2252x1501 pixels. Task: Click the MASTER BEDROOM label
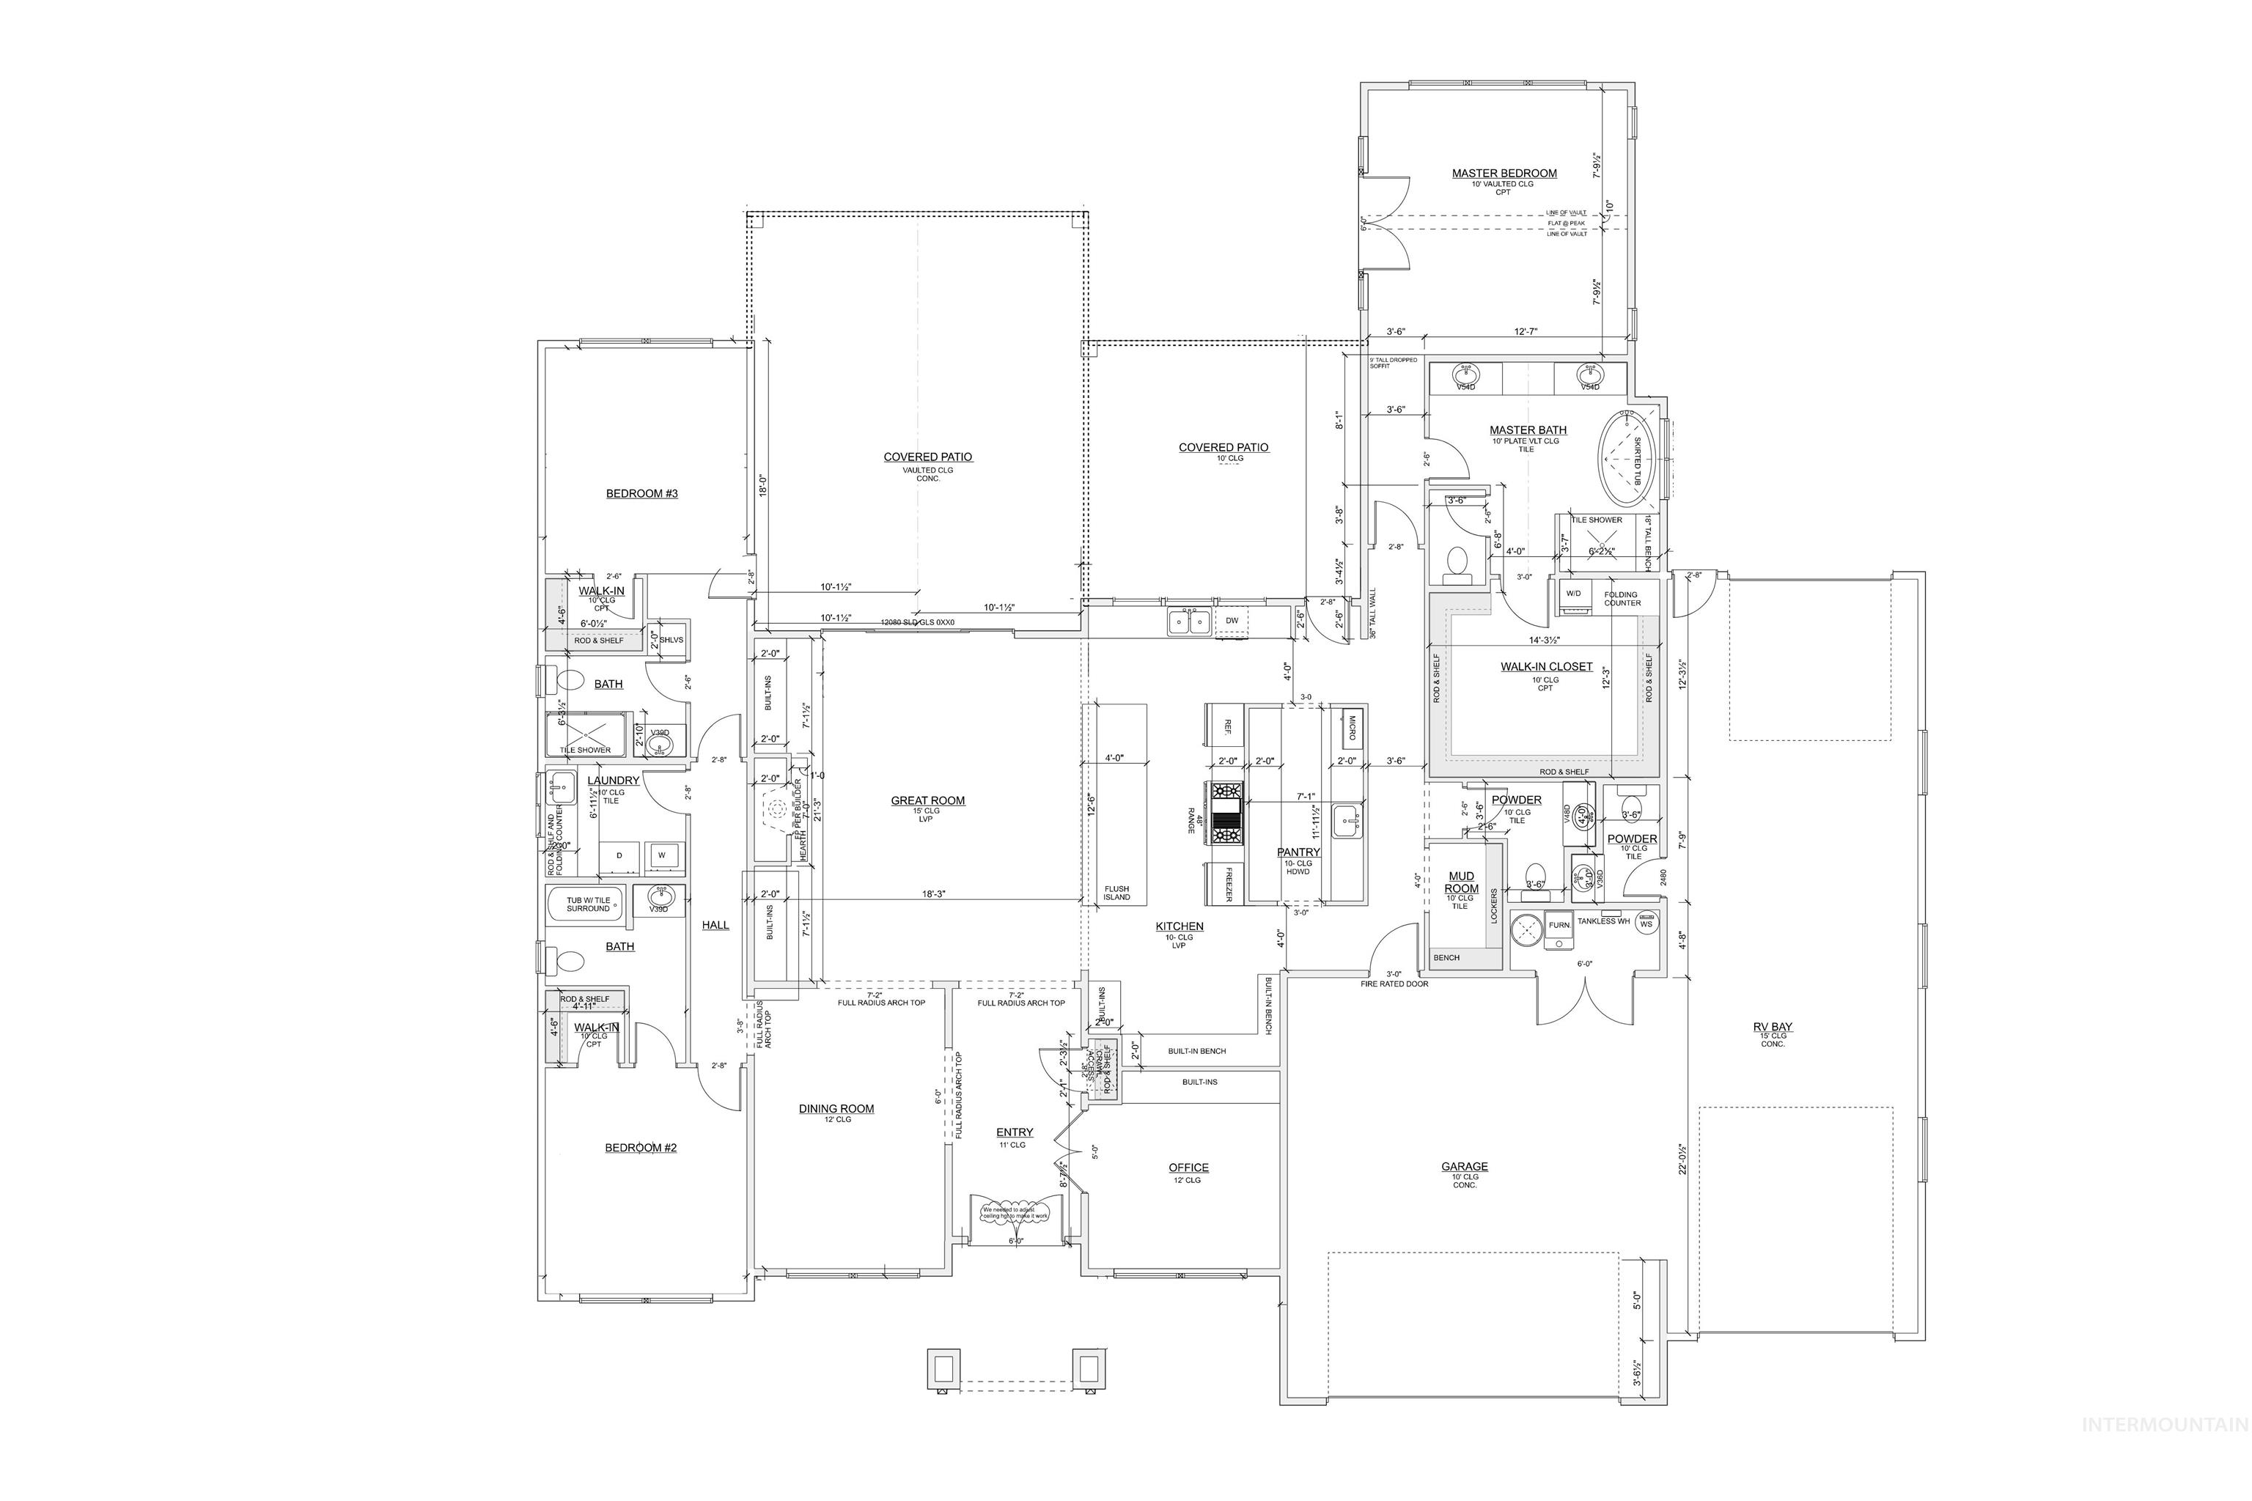pos(1504,173)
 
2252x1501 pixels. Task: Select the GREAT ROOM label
pos(928,800)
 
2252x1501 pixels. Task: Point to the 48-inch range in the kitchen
pos(1227,813)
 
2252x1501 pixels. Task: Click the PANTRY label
pos(1298,852)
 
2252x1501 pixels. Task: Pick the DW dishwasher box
pos(1232,620)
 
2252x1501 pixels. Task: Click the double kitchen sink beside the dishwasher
pos(1188,622)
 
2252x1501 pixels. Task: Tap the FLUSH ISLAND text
pos(1116,892)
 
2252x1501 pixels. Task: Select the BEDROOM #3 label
pos(641,493)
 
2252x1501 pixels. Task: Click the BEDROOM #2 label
pos(641,1147)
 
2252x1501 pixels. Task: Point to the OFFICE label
pos(1188,1167)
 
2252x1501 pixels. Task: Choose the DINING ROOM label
pos(836,1108)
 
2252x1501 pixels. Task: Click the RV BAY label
pos(1773,1027)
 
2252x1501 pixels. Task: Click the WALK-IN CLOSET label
pos(1546,666)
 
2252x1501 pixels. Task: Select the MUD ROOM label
pos(1461,882)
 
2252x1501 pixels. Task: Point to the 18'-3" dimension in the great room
pos(933,893)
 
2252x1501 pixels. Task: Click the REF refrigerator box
pos(1227,726)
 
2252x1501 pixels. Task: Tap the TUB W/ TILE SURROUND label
pos(588,904)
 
